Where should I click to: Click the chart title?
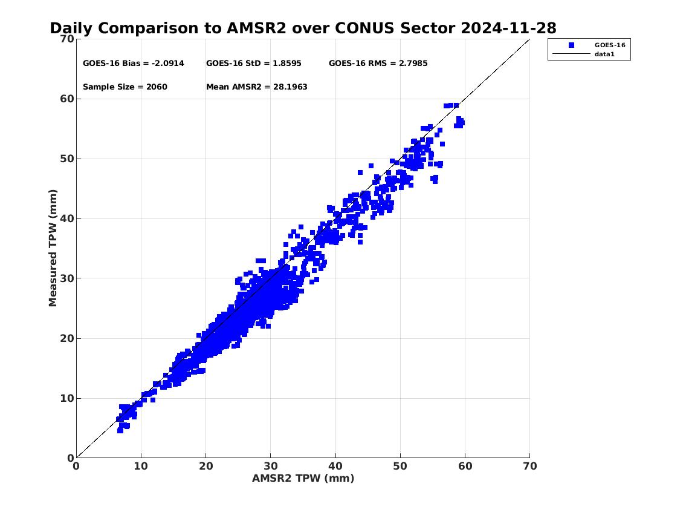[303, 28]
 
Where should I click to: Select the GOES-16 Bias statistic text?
[133, 63]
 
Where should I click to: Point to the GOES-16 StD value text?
[253, 63]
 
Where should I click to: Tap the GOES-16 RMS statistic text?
[378, 63]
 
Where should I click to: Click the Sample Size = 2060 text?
[125, 87]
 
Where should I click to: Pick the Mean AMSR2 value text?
[256, 87]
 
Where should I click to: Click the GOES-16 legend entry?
[609, 45]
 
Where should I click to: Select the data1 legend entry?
[604, 54]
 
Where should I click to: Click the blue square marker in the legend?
[571, 45]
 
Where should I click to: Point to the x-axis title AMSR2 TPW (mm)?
[303, 478]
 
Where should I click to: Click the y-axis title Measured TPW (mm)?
[53, 248]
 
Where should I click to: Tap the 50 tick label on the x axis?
[400, 466]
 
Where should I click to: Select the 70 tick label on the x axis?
[529, 466]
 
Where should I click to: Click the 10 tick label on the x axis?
[141, 466]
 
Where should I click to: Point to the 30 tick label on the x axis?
[270, 466]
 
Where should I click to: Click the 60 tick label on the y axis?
[66, 99]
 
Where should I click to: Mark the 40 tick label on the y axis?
[66, 218]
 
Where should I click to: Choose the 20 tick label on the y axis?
[66, 338]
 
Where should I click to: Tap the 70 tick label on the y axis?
[66, 39]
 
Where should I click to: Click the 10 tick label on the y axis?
[66, 398]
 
